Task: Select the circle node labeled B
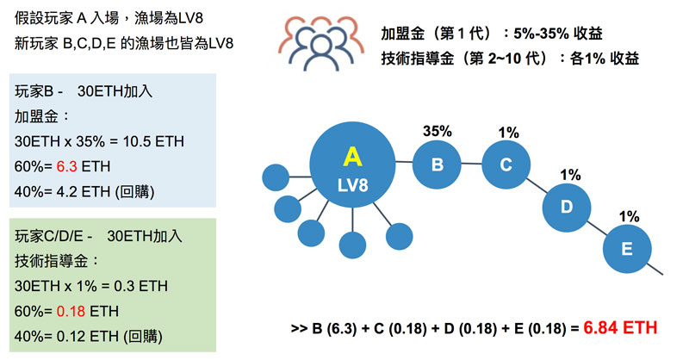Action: point(437,164)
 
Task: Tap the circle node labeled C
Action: point(506,164)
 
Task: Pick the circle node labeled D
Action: point(567,206)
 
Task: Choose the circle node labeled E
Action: point(626,249)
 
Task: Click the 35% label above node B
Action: point(437,131)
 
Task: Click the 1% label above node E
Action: point(630,216)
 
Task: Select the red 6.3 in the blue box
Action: point(68,164)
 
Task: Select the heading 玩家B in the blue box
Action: point(33,90)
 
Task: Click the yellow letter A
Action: point(351,156)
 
